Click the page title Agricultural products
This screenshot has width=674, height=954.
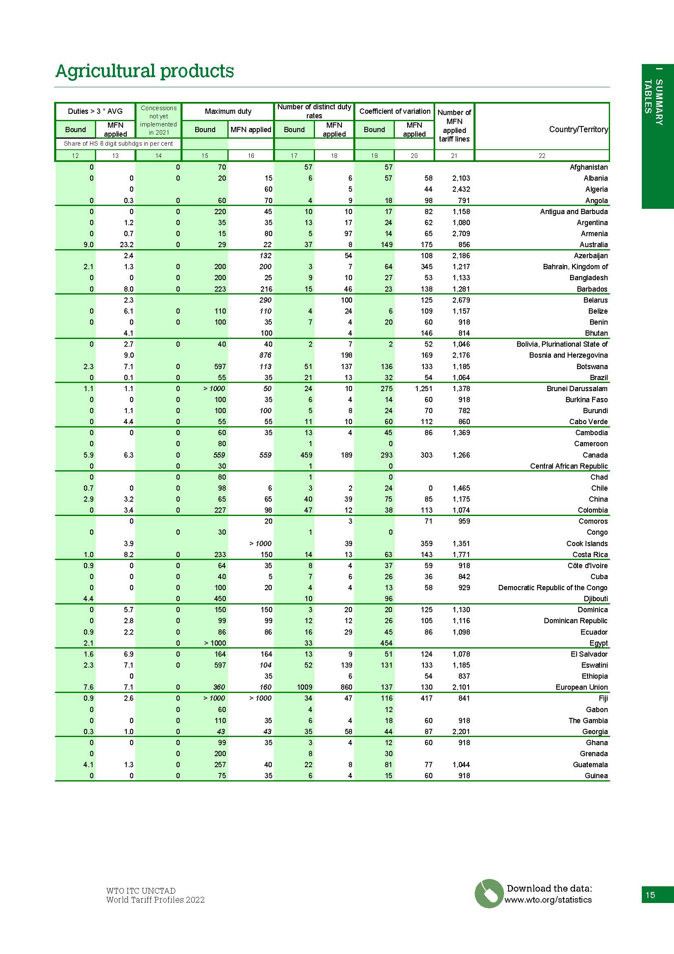pos(144,71)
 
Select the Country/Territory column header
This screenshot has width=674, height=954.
pos(578,129)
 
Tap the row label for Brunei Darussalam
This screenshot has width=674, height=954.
pos(577,389)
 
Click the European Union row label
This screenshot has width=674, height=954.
pos(581,687)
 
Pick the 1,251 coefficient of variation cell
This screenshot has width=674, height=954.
pos(423,389)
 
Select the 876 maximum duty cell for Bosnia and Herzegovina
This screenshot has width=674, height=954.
pos(265,355)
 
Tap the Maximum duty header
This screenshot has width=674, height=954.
pos(228,111)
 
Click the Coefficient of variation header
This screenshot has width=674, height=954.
pos(395,111)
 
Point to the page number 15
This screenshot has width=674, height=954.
pos(650,894)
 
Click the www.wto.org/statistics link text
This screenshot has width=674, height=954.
pos(548,900)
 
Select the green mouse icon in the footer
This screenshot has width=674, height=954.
pos(489,893)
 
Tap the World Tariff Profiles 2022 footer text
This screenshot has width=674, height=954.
pos(155,900)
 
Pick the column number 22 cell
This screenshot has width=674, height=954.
pos(542,155)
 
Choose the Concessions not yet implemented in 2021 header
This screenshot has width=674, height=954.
pos(159,120)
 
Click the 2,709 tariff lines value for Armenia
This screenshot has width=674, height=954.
pos(461,234)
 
